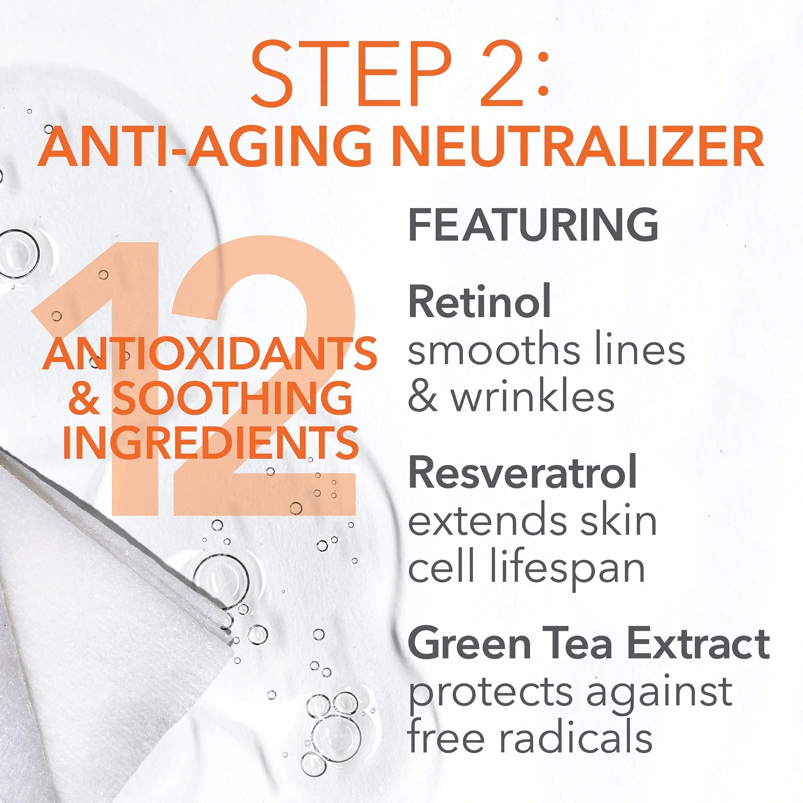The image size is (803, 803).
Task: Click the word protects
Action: (x=492, y=692)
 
